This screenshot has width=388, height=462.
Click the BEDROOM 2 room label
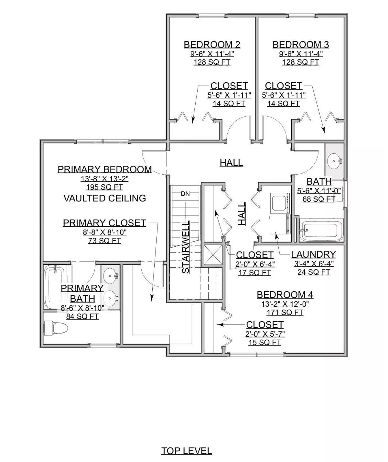[x=212, y=45]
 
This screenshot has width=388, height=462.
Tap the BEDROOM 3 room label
[x=301, y=45]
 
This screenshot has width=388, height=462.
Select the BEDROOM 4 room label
[x=285, y=294]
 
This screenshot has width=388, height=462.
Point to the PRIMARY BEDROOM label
[x=104, y=169]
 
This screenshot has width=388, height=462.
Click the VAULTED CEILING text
[x=104, y=198]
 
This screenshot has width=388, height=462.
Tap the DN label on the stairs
[x=185, y=194]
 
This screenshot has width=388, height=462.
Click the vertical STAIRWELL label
[x=186, y=247]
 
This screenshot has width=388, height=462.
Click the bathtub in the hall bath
[x=321, y=230]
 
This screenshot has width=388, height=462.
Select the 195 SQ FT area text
[x=104, y=187]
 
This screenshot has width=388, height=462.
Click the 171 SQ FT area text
[x=285, y=312]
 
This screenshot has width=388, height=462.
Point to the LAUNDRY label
[x=313, y=254]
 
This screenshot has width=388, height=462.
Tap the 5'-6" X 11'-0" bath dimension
[x=319, y=191]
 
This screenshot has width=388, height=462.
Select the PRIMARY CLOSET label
[x=104, y=223]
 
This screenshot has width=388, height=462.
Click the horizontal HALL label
[x=231, y=162]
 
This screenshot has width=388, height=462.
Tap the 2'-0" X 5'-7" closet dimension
[x=264, y=334]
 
